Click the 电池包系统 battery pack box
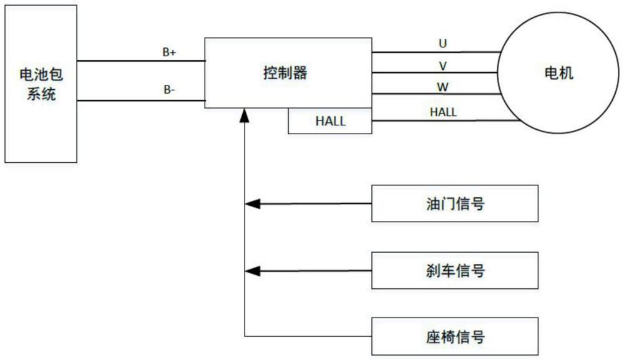pos(41,84)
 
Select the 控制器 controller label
pos(285,73)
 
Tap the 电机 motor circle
pos(558,74)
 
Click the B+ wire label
pos(169,53)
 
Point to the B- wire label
pos(169,90)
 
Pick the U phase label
pos(443,44)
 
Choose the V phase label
pos(443,64)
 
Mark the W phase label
pos(443,85)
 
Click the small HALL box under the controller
pos(330,121)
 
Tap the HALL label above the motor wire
pos(443,112)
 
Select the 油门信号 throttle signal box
pos(454,203)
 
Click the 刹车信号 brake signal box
pos(454,271)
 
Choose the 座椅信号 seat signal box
pos(454,337)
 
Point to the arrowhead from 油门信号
pos(251,203)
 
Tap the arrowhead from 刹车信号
pos(251,271)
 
